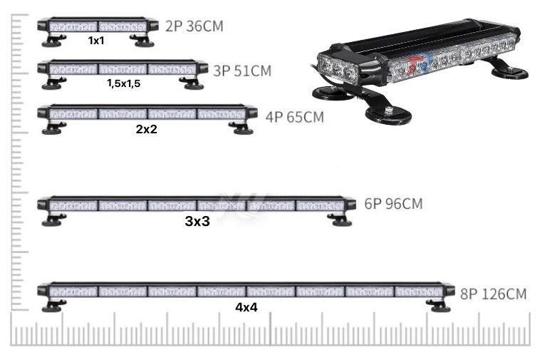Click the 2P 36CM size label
194,26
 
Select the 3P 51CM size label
242,71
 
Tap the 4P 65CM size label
295,117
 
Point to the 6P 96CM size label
393,204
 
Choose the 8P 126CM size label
494,294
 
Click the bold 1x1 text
96,41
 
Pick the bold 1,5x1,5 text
124,83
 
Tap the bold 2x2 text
146,129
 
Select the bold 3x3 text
197,221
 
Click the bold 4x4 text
246,307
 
